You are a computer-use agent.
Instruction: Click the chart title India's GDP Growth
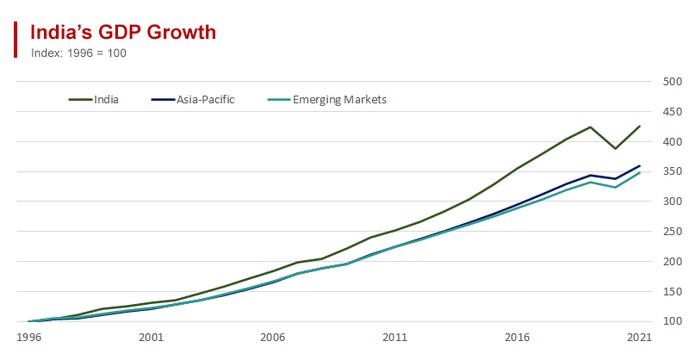coord(122,33)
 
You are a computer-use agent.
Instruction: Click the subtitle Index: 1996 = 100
coord(79,53)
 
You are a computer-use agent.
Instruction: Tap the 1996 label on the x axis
coord(28,338)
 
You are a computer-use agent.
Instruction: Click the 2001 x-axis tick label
coord(151,338)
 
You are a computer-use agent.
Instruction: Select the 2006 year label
coord(273,338)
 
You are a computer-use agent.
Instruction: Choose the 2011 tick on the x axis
coord(395,338)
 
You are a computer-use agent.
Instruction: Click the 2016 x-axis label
coord(517,338)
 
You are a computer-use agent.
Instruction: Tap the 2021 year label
coord(639,338)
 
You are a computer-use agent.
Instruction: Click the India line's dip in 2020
coord(615,148)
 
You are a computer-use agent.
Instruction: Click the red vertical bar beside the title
coord(16,40)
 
